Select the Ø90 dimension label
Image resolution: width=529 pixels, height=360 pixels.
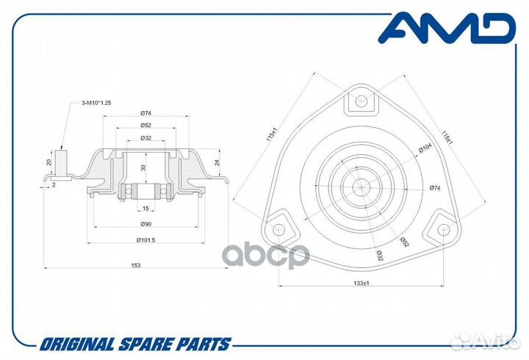tap(146, 224)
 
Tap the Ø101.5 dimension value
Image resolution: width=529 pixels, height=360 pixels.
tap(146, 240)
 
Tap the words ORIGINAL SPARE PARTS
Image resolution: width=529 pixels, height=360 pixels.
tap(135, 344)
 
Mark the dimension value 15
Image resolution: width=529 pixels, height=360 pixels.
tap(146, 209)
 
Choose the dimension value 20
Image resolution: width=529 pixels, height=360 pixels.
tap(48, 162)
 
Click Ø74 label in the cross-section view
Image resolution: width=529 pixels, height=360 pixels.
tap(146, 112)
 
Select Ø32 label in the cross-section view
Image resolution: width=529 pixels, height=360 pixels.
tap(146, 137)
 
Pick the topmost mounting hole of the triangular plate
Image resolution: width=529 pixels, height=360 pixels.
tap(361, 102)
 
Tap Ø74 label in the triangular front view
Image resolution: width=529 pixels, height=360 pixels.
tap(435, 189)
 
